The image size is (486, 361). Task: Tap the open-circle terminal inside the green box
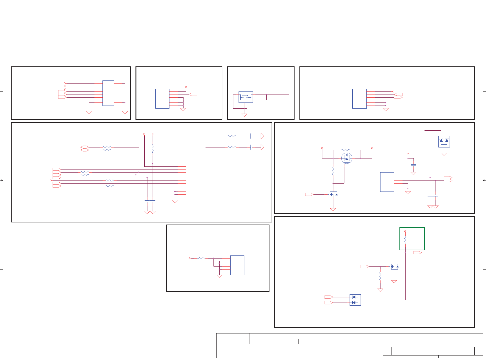pos(405,231)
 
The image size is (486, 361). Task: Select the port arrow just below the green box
pos(417,253)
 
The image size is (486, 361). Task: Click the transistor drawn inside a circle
pos(347,158)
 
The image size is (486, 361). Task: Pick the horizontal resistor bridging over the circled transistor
pos(346,150)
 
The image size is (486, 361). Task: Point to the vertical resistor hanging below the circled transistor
pos(333,171)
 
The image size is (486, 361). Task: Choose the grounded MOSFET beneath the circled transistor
pos(333,194)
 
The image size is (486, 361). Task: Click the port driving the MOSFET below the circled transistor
pos(309,194)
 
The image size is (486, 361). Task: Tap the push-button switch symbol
pos(245,97)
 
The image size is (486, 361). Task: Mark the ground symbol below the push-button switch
pos(244,115)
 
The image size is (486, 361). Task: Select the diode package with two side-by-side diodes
pos(444,141)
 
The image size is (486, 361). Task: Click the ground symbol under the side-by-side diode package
pos(444,154)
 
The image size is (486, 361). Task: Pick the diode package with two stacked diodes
pos(355,300)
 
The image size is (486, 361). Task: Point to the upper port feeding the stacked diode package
pos(328,297)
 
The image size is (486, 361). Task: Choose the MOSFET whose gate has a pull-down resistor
pos(394,267)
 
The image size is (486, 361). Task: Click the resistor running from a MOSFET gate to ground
pos(380,277)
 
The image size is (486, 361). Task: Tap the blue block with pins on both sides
pos(108,93)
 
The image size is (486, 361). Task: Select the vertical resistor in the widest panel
pos(152,149)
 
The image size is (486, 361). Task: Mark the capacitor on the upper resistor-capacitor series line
pos(251,136)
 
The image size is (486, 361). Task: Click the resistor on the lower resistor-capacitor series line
pos(232,147)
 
